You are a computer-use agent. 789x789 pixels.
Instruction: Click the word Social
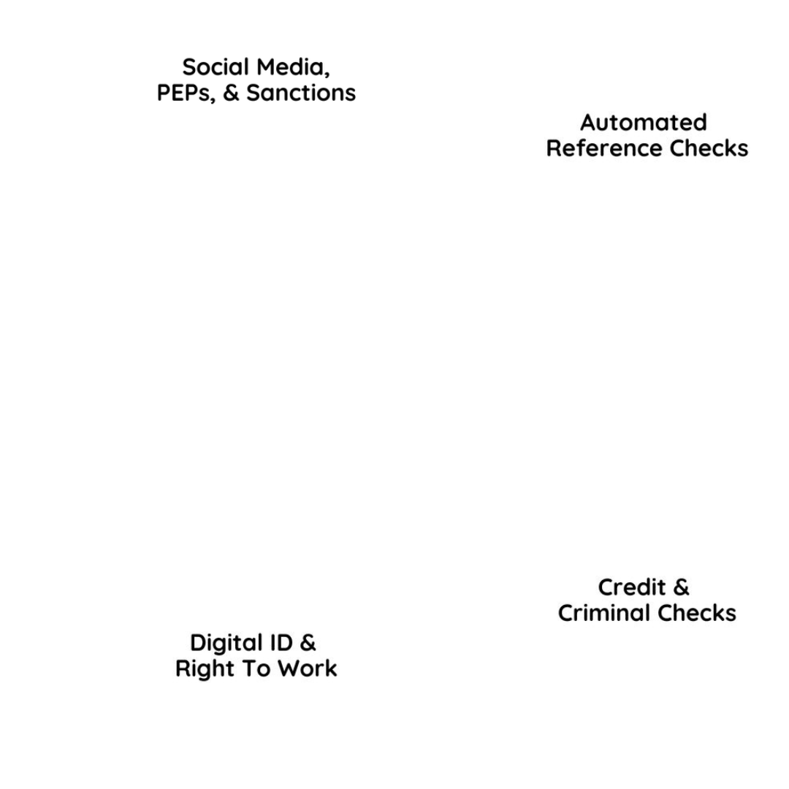(213, 67)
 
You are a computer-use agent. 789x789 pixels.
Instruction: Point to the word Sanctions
(301, 94)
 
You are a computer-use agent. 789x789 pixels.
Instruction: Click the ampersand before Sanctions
(232, 94)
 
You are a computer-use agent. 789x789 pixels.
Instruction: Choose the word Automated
(644, 122)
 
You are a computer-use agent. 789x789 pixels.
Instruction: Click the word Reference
(594, 148)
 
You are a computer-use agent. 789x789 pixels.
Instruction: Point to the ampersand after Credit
(681, 587)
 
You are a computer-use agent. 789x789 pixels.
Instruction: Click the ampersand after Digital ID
(308, 643)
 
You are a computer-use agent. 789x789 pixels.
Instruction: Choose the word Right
(202, 669)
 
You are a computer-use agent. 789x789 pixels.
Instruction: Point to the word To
(256, 669)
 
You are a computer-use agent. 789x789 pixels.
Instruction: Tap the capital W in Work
(291, 669)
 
